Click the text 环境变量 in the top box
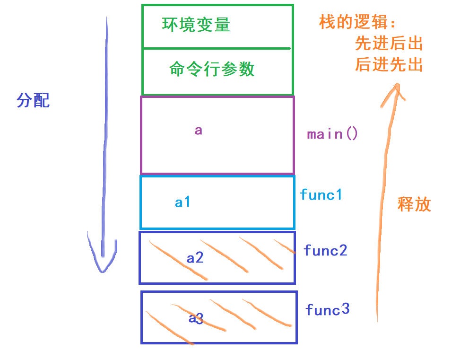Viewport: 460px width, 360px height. pos(196,25)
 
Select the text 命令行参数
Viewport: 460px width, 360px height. pos(212,70)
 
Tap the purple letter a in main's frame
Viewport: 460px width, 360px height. pos(199,130)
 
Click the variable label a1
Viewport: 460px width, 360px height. pos(182,202)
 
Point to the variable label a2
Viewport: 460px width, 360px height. pos(195,258)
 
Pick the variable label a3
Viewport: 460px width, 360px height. pos(196,318)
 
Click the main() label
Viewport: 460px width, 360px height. pos(332,134)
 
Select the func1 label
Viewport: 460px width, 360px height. pos(321,194)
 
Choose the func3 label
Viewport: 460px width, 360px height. pos(327,310)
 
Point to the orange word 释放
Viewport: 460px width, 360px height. pos(414,204)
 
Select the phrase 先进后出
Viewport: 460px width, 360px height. pos(389,44)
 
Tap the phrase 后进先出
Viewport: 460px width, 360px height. pos(389,65)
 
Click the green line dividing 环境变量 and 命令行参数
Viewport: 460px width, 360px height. pos(217,48)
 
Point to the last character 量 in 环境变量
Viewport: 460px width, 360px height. pos(222,25)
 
